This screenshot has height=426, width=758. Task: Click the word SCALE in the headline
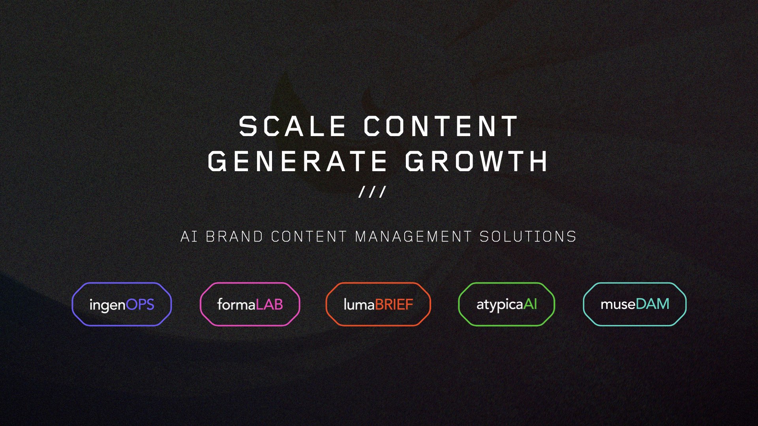[292, 126]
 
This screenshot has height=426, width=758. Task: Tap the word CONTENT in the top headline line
[441, 126]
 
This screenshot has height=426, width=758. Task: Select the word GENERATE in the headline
[297, 161]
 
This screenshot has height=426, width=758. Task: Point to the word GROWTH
[477, 161]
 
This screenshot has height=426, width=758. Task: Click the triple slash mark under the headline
[372, 192]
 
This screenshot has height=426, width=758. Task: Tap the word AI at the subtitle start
[189, 237]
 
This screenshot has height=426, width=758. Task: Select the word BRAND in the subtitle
[235, 237]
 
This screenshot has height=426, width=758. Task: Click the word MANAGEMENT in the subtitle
[413, 237]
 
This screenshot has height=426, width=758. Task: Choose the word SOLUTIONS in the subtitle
[528, 237]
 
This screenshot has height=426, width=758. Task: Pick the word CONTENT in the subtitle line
[309, 237]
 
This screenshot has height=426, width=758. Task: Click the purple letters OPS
[140, 305]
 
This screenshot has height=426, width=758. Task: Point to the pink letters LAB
[269, 305]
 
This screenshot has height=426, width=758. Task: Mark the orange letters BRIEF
[394, 305]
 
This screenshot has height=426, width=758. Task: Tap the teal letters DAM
[653, 304]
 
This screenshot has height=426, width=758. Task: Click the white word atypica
[500, 305]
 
